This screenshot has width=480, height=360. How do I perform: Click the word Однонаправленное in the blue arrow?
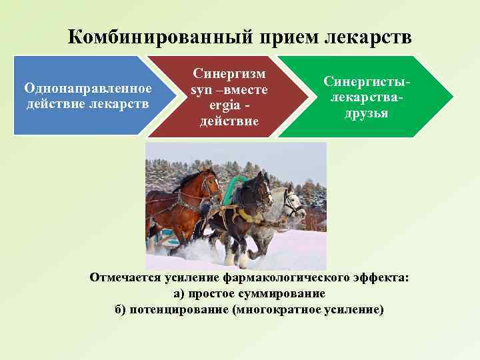point(88,88)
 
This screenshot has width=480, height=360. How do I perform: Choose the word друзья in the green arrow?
point(367,113)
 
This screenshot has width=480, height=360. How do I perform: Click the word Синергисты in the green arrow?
point(366,81)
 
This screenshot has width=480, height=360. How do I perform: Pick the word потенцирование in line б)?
point(179,309)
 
